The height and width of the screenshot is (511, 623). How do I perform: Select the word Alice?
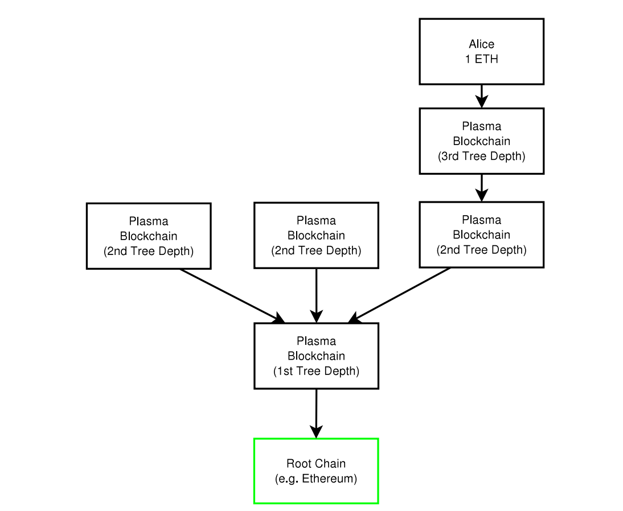pos(481,44)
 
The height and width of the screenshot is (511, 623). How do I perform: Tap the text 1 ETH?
pos(481,59)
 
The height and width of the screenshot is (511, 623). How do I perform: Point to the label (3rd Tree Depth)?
pos(481,156)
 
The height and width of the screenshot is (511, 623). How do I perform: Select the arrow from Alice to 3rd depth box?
pos(481,96)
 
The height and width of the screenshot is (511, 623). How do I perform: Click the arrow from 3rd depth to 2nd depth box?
pos(481,187)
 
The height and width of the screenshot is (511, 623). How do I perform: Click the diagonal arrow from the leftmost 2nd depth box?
pos(231,295)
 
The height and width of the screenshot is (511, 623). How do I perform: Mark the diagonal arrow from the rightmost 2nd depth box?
pos(401,295)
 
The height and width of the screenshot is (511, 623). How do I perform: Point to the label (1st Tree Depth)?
pos(316,371)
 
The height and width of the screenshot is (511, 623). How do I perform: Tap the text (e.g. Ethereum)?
pos(316,479)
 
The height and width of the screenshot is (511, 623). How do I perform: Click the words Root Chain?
pos(316,464)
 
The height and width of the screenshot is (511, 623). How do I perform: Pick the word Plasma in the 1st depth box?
pos(316,341)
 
